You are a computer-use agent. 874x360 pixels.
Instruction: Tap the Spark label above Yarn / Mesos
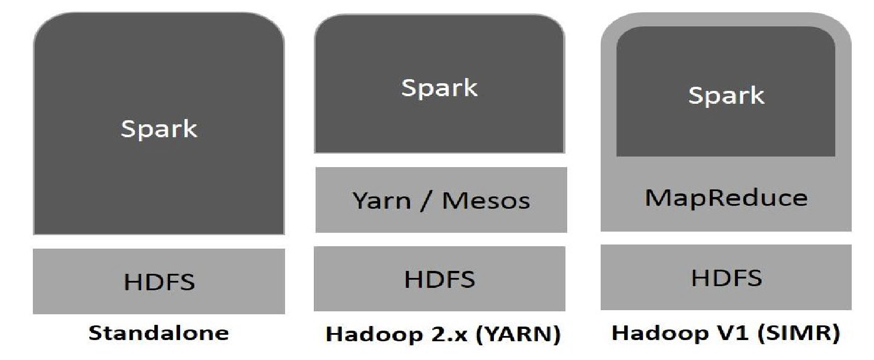[439, 88]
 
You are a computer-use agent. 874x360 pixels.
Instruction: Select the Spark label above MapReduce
[726, 96]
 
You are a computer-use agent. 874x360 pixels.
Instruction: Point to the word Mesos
[486, 201]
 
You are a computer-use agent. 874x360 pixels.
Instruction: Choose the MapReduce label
[726, 198]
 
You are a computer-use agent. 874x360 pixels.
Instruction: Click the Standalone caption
[158, 334]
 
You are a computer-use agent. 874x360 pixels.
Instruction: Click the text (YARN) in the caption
[525, 335]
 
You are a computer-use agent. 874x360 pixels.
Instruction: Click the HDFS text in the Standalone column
[159, 283]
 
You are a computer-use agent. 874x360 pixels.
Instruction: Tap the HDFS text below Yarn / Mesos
[439, 280]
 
